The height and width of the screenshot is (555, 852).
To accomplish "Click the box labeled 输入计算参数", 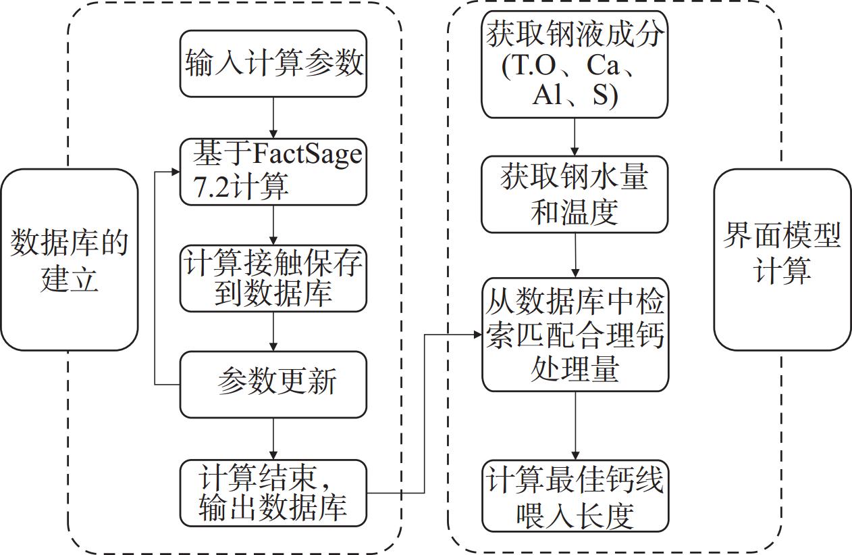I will [273, 64].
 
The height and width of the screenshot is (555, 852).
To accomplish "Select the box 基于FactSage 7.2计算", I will [273, 172].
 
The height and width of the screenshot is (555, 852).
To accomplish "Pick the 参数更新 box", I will [273, 383].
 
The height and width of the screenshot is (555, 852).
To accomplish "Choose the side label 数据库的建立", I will [69, 260].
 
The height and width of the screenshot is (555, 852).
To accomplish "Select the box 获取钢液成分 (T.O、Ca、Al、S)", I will [575, 64].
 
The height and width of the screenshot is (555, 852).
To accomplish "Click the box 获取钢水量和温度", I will [575, 195].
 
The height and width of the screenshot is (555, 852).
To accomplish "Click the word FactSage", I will [307, 154].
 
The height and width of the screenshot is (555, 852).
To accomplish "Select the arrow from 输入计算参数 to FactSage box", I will [273, 118].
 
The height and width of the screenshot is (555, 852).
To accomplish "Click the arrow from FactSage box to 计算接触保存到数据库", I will [273, 225].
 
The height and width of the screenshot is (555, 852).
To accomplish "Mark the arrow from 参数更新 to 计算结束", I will [273, 439].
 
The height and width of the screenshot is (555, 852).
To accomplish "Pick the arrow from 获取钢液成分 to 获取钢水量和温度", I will [575, 137].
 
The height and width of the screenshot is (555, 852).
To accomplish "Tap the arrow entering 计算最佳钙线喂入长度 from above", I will [575, 426].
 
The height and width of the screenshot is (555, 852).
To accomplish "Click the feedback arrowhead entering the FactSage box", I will [174, 172].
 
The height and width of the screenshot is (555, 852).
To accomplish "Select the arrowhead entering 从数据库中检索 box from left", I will [476, 334].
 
